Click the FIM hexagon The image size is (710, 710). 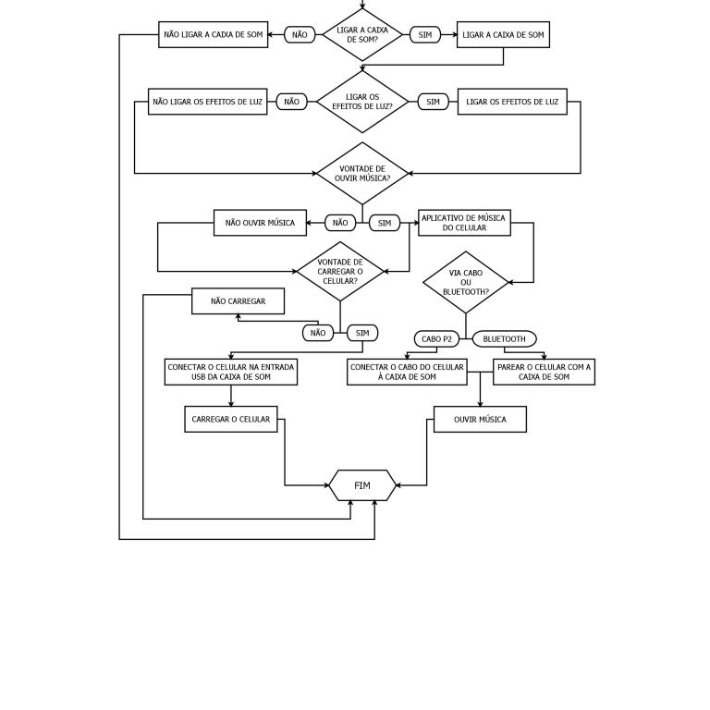tap(362, 485)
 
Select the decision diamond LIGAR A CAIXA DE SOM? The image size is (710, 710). tap(362, 34)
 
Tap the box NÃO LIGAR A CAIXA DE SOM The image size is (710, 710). tap(214, 34)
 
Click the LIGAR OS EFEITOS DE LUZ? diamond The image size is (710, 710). tap(362, 102)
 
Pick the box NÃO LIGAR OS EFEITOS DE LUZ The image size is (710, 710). tap(208, 102)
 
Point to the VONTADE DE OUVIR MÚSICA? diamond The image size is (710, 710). tap(362, 174)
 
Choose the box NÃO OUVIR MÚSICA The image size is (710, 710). tap(260, 223)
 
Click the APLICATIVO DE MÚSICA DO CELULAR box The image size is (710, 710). tap(465, 223)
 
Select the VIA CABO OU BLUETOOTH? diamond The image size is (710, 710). tap(466, 283)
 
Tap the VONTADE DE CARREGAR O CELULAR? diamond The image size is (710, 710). tap(340, 271)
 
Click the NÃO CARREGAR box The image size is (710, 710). tap(239, 301)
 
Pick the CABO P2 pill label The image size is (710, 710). tap(436, 339)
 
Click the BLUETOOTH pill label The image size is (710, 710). tap(505, 339)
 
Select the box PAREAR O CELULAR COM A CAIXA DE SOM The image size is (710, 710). tap(544, 373)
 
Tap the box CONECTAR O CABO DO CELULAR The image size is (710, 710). tap(407, 373)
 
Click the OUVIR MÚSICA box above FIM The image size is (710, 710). tap(480, 420)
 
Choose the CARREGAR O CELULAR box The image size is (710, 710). tap(231, 420)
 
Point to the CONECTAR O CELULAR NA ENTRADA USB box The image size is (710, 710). tap(231, 373)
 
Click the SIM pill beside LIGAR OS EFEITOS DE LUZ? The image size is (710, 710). tap(433, 102)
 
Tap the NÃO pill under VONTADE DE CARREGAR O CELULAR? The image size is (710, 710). tap(318, 333)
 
